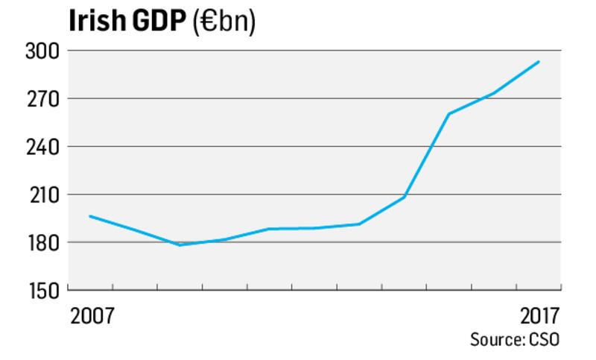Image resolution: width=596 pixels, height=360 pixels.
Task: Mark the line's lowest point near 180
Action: coord(180,244)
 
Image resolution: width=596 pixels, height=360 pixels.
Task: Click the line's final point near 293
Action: coord(539,62)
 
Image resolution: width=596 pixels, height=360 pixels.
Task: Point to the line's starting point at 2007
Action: coord(90,216)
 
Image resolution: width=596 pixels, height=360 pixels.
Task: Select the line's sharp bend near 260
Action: coord(448,114)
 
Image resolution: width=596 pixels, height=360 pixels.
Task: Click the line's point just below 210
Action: coord(404,197)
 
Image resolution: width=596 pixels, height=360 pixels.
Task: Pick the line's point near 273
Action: coord(493,93)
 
